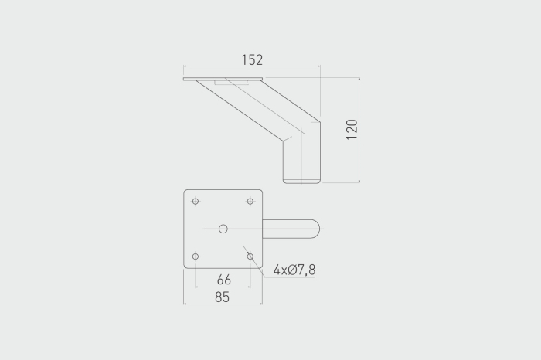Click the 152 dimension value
252,60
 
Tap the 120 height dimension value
352,130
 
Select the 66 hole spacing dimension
224,280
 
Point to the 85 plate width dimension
222,297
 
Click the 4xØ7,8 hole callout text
294,270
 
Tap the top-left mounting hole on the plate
196,202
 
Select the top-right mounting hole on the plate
250,202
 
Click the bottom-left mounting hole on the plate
196,256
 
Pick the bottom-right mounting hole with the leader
250,256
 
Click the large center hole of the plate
223,229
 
